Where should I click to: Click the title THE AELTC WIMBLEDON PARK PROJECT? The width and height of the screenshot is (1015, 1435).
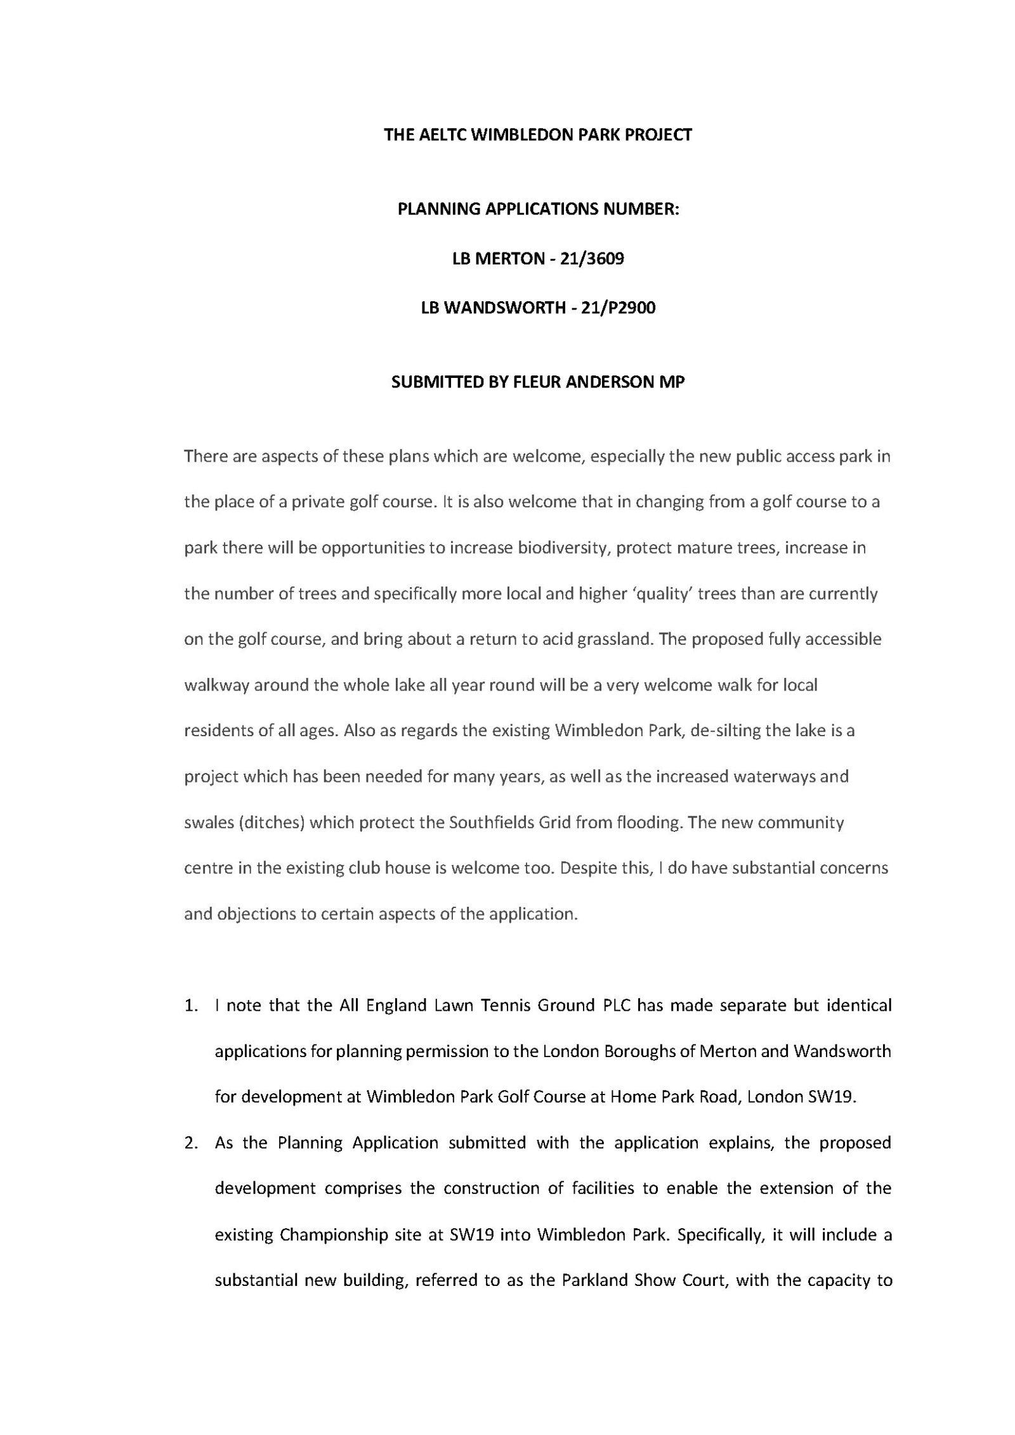coord(537,135)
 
